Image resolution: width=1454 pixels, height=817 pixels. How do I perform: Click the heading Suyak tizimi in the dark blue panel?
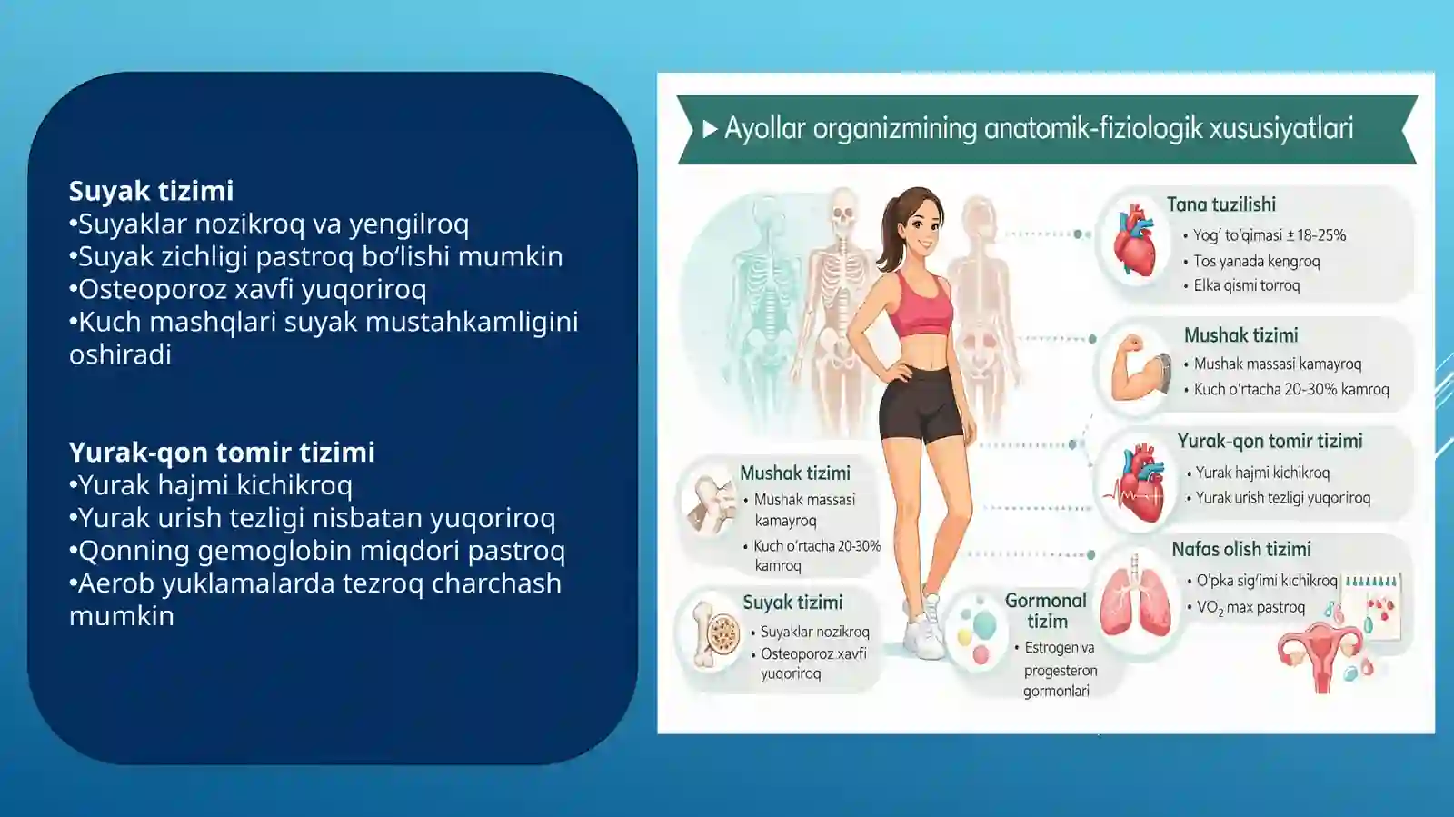click(x=151, y=191)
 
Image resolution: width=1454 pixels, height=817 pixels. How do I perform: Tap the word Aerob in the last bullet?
click(x=115, y=583)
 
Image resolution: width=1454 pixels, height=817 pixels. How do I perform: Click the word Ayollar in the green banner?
click(x=764, y=128)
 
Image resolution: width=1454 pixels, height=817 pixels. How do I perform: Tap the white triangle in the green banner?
click(x=710, y=129)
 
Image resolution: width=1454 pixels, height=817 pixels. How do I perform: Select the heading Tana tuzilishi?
click(x=1220, y=204)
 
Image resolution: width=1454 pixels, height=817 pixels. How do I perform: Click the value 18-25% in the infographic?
click(x=1321, y=235)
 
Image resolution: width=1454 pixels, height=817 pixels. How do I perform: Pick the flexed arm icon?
click(x=1136, y=368)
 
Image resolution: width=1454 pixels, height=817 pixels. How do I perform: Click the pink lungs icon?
click(x=1135, y=600)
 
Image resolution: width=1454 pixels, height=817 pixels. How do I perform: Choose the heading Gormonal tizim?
click(x=1046, y=611)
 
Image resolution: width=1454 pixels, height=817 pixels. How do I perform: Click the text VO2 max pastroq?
click(x=1250, y=607)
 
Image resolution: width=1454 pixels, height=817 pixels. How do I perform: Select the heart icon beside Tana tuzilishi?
click(x=1134, y=241)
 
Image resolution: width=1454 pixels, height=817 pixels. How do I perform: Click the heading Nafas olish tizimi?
click(x=1240, y=549)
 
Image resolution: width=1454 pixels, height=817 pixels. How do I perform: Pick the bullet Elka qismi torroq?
click(x=1246, y=285)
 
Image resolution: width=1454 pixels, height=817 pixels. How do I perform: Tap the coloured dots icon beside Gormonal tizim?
click(x=977, y=630)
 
